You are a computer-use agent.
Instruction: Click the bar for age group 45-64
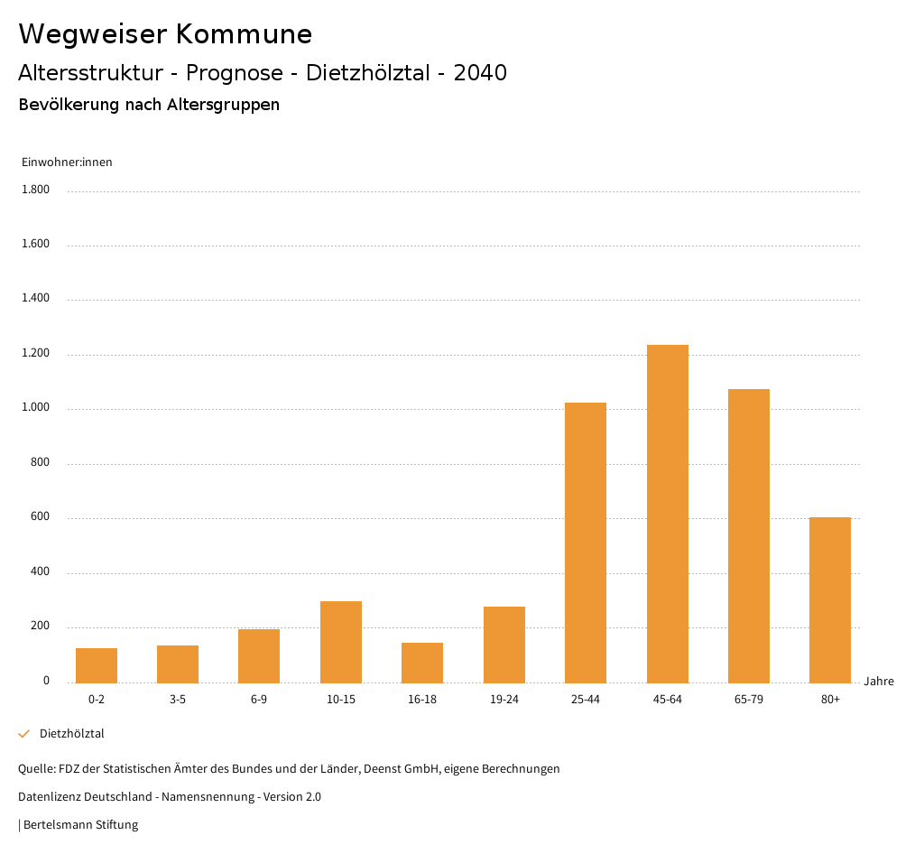point(667,514)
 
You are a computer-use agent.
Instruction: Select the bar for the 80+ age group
point(830,599)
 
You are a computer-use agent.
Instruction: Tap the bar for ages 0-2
point(97,665)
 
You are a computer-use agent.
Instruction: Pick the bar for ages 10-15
point(341,642)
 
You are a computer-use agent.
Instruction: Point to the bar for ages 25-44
point(586,543)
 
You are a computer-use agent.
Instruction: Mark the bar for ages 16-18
point(422,663)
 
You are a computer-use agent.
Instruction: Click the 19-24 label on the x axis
point(504,700)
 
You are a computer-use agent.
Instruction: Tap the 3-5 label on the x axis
point(178,700)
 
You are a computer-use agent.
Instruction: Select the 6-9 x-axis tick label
point(259,700)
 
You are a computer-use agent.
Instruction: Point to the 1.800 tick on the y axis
point(35,190)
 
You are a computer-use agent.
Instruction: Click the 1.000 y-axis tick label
point(35,408)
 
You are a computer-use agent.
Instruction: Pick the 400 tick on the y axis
point(40,572)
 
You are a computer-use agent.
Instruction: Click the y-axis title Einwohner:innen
point(67,162)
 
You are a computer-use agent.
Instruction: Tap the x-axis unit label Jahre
point(879,682)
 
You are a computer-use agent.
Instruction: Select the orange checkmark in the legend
point(24,734)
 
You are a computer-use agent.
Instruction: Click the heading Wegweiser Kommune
point(165,34)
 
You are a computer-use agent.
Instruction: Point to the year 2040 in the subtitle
point(480,73)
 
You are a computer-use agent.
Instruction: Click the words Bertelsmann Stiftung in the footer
point(80,825)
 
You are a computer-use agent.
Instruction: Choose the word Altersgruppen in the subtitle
point(223,105)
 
